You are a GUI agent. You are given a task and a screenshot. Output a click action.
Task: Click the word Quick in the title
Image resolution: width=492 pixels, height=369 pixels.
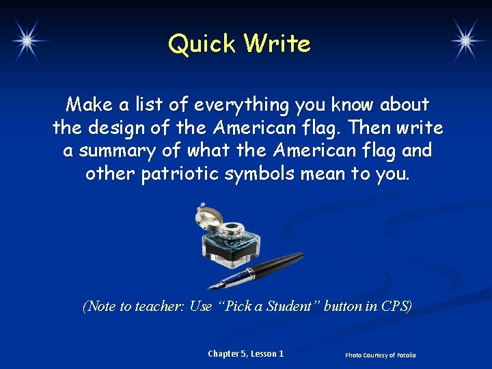[x=202, y=44]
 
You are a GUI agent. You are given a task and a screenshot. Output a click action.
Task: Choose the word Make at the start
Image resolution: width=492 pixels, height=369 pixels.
[x=86, y=105]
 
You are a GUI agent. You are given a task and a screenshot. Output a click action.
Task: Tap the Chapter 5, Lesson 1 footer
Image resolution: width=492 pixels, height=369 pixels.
[x=245, y=353]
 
